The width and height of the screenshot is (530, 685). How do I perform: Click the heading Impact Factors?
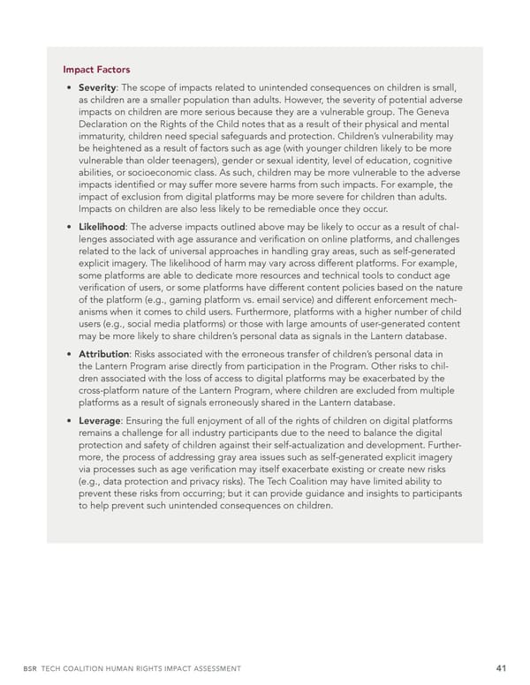[x=96, y=70]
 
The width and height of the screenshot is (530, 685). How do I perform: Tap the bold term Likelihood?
[x=102, y=227]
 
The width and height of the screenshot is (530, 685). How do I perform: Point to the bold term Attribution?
[x=104, y=355]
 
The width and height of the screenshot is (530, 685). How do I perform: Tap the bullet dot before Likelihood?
[x=69, y=228]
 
